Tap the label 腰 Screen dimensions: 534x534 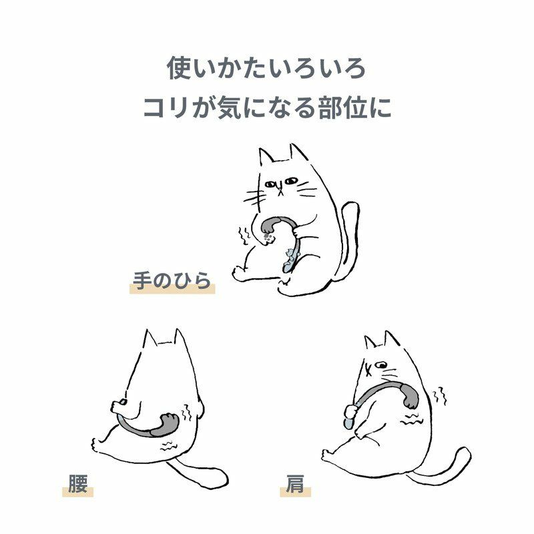pyautogui.click(x=77, y=483)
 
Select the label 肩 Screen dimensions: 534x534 pyautogui.click(x=295, y=483)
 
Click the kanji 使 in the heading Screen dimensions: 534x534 pyautogui.click(x=179, y=68)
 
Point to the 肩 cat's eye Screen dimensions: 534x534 pyautogui.click(x=381, y=365)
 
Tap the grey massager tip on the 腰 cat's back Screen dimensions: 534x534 pyautogui.click(x=164, y=425)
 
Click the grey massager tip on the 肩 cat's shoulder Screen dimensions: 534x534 pyautogui.click(x=409, y=396)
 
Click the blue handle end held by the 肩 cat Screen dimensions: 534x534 pyautogui.click(x=348, y=423)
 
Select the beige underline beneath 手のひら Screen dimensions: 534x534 pyautogui.click(x=172, y=289)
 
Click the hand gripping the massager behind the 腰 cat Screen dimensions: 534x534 pyautogui.click(x=119, y=405)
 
